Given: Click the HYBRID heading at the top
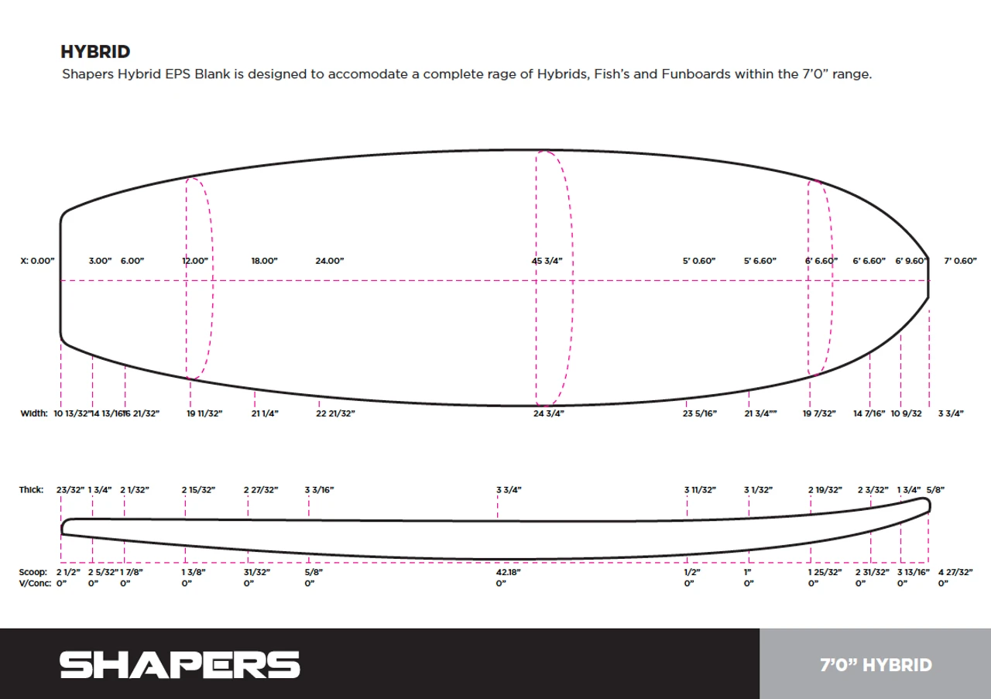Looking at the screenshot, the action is pos(95,52).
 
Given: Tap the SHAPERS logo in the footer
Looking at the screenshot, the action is pos(180,664).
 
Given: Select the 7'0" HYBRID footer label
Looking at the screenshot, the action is pos(876,665).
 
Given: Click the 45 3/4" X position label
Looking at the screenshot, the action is pos(547,261).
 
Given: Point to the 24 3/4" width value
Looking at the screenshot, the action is pos(549,413).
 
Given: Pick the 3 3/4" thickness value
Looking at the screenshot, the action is pos(509,490).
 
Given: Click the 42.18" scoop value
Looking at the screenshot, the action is pos(509,572).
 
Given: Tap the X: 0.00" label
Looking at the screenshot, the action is pos(38,261).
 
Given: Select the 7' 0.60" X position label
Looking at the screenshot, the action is pos(961,261).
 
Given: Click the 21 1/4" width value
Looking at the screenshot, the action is pos(265,413).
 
